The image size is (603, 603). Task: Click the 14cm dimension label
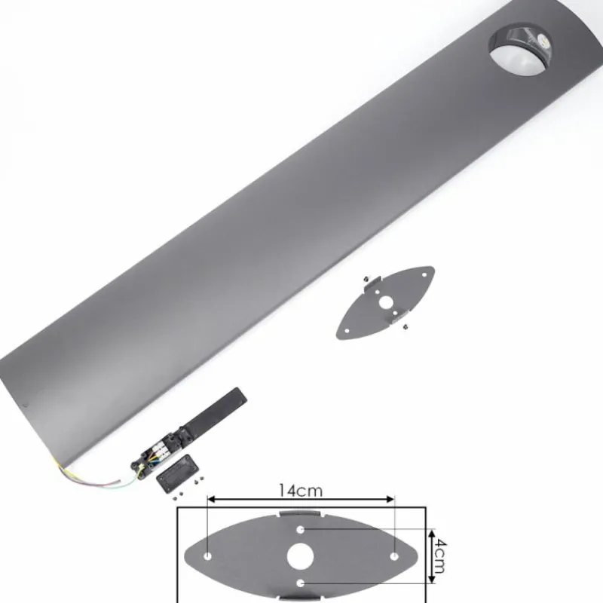(x=300, y=491)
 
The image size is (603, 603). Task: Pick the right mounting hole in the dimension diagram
(x=393, y=556)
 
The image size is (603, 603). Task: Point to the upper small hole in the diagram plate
(x=301, y=531)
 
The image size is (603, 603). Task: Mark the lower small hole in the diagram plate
(x=301, y=582)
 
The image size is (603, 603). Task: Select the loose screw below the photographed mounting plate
(x=406, y=326)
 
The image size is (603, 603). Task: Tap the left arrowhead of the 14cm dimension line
(x=210, y=499)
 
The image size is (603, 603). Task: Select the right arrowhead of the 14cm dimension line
(x=391, y=499)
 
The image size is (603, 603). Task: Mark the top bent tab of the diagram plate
(x=301, y=513)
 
